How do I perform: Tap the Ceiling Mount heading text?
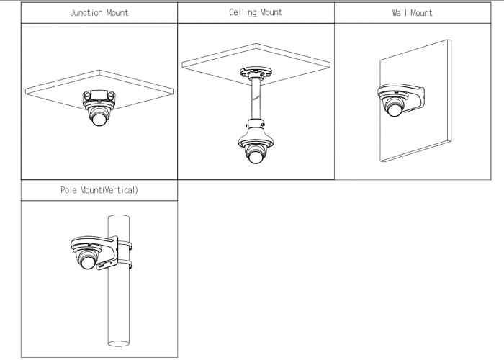[256, 12]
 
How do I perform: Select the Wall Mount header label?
[412, 13]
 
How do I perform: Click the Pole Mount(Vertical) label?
[99, 190]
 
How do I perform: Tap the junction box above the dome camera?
[99, 96]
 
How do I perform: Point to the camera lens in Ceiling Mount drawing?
[255, 157]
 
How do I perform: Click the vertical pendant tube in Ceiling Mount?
[256, 99]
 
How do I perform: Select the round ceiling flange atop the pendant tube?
[256, 72]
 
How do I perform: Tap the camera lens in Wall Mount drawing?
[395, 110]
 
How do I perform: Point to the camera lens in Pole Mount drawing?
[88, 262]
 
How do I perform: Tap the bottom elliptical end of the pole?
[119, 343]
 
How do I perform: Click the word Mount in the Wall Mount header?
[421, 13]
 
